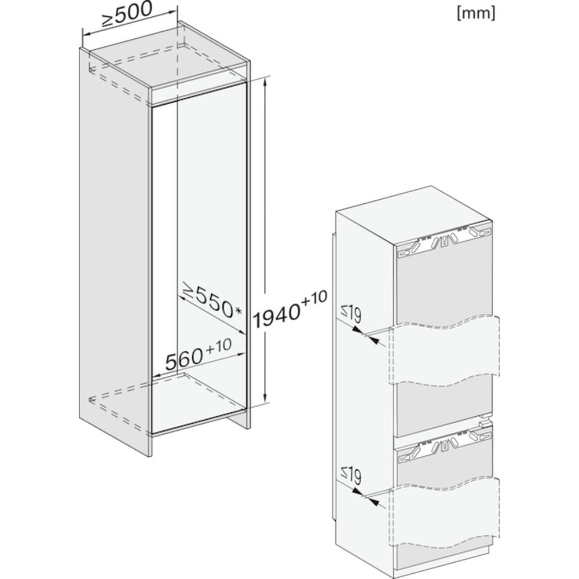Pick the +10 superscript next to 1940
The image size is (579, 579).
pos(314,298)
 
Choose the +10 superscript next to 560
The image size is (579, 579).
pos(219,346)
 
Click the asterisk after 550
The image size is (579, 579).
pos(238,311)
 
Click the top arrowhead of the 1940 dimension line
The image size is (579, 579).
pos(265,84)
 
